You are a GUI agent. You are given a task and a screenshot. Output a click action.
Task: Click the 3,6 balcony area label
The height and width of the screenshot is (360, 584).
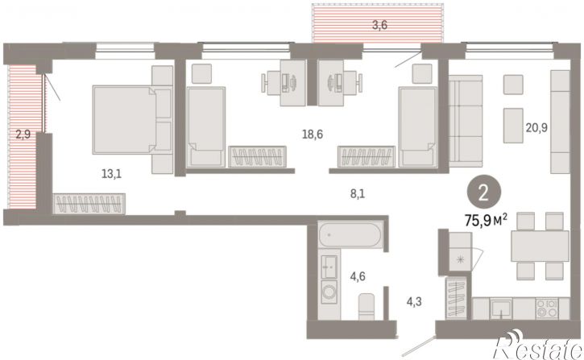point(380,25)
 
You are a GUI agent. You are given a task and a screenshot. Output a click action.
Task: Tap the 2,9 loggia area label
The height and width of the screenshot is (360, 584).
point(23,134)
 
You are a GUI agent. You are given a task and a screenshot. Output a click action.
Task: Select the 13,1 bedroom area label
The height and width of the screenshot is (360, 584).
point(111,173)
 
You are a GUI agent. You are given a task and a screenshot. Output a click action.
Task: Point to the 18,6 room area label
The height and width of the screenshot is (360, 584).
point(312,134)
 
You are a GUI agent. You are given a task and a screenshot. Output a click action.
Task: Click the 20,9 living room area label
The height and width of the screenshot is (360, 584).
point(536,128)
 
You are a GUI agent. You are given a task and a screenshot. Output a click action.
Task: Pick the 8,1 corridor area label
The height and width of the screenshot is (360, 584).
point(358,193)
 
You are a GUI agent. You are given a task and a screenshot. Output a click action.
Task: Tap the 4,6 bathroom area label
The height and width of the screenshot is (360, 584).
point(358,276)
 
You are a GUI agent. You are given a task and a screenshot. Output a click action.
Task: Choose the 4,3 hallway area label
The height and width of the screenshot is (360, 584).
point(414,301)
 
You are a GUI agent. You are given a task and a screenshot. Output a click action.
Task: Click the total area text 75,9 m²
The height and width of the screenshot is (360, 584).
point(486,221)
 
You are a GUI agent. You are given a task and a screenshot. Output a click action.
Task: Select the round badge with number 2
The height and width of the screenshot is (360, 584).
point(483,193)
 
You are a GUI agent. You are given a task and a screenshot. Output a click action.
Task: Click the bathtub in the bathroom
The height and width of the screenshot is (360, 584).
point(350,234)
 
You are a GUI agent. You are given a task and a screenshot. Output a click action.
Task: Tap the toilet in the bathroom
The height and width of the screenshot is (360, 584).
point(367,306)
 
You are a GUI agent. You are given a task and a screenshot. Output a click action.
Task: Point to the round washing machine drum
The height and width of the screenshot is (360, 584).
point(329,292)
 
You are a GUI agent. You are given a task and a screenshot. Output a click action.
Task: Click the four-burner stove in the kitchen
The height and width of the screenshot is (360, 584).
point(547,308)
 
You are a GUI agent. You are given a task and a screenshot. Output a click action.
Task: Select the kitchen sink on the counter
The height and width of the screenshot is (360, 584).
point(501,308)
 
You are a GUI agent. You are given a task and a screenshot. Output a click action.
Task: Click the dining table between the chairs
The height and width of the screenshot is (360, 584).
point(540,246)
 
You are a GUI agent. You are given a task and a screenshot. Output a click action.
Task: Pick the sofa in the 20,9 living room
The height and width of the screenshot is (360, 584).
point(466,121)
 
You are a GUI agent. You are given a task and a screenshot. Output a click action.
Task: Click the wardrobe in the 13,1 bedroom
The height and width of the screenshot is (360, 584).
point(89,204)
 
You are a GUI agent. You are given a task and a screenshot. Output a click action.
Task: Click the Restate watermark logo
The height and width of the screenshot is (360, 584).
point(538,346)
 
